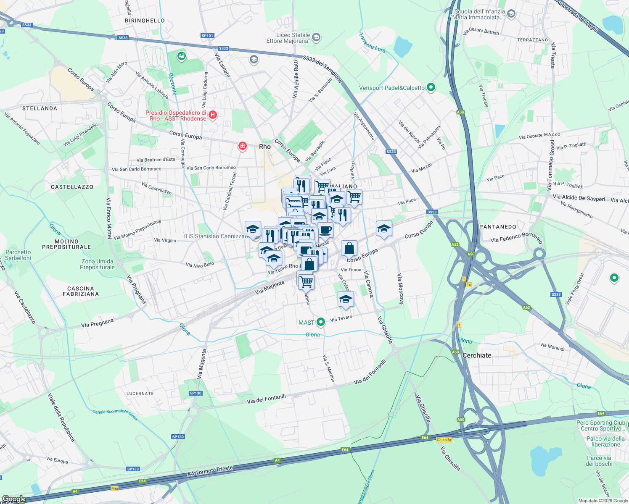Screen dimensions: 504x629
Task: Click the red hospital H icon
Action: pos(213,115)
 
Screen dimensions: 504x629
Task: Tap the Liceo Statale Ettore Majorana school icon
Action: pos(316,38)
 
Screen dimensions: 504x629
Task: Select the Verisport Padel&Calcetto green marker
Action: pos(431,87)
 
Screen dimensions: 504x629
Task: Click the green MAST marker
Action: pos(321,322)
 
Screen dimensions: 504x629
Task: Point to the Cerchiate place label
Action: pos(477,355)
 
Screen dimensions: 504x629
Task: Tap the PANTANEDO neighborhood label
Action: pos(498,227)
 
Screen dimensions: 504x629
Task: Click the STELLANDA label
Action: pos(40,108)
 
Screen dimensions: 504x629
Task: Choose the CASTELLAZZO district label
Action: pos(72,187)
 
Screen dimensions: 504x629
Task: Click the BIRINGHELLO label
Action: pos(145,21)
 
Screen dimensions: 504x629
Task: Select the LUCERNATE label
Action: pos(140,394)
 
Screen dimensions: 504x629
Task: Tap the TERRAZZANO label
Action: pos(533,40)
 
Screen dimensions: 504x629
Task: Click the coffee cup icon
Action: pos(325,230)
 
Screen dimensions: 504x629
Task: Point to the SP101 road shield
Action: pos(207,36)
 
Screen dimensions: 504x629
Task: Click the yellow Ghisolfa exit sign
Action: pos(444,440)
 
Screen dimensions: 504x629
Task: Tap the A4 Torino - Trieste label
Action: pos(210,471)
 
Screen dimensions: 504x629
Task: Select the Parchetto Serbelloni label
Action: pos(18,255)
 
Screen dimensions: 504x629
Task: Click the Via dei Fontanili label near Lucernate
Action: pos(266,399)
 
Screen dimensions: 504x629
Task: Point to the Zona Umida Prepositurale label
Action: pos(98,264)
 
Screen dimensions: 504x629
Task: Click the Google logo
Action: pos(14,499)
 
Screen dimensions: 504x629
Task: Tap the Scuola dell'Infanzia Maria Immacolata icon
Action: pos(511,14)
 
